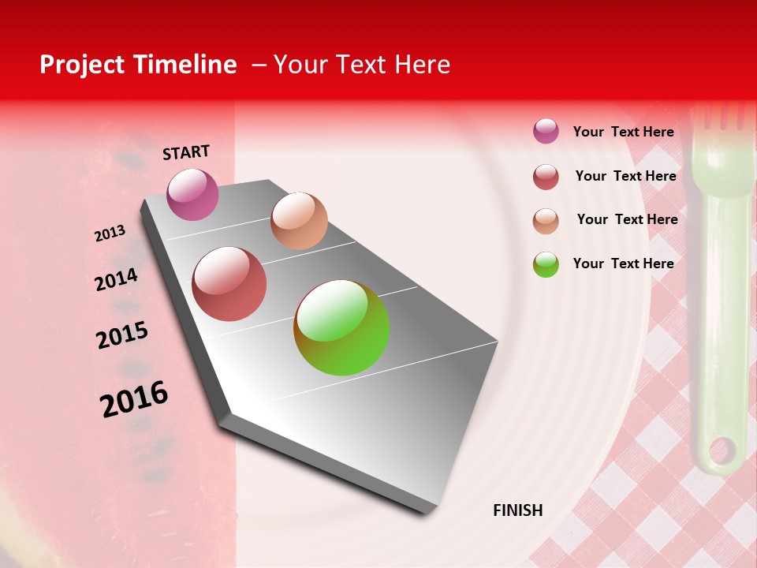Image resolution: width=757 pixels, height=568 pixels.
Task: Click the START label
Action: click(x=186, y=152)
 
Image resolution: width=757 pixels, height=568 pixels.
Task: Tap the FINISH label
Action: click(x=517, y=510)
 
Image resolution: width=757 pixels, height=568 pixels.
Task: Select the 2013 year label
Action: click(x=110, y=234)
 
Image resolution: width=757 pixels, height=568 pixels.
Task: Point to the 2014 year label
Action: click(x=116, y=280)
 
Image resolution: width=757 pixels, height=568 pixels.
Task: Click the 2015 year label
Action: click(x=122, y=335)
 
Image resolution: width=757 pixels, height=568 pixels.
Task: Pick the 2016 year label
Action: click(x=134, y=398)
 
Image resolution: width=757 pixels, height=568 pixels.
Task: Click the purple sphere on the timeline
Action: click(x=192, y=194)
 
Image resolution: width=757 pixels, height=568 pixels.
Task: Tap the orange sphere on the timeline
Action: click(x=299, y=220)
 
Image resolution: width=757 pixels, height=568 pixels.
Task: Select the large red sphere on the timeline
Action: click(x=229, y=284)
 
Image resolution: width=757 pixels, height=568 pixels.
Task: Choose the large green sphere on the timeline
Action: click(x=341, y=327)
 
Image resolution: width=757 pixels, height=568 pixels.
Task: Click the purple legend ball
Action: click(x=546, y=131)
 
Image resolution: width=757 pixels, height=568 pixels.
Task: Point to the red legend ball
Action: click(x=546, y=177)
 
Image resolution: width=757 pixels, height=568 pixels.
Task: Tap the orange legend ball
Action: click(x=546, y=221)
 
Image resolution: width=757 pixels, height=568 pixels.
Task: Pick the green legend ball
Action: click(x=546, y=264)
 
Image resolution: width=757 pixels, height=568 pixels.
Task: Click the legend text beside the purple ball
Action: click(x=623, y=132)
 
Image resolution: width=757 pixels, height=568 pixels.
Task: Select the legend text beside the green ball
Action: click(x=623, y=263)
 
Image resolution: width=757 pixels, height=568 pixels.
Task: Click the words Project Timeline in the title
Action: click(x=138, y=65)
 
